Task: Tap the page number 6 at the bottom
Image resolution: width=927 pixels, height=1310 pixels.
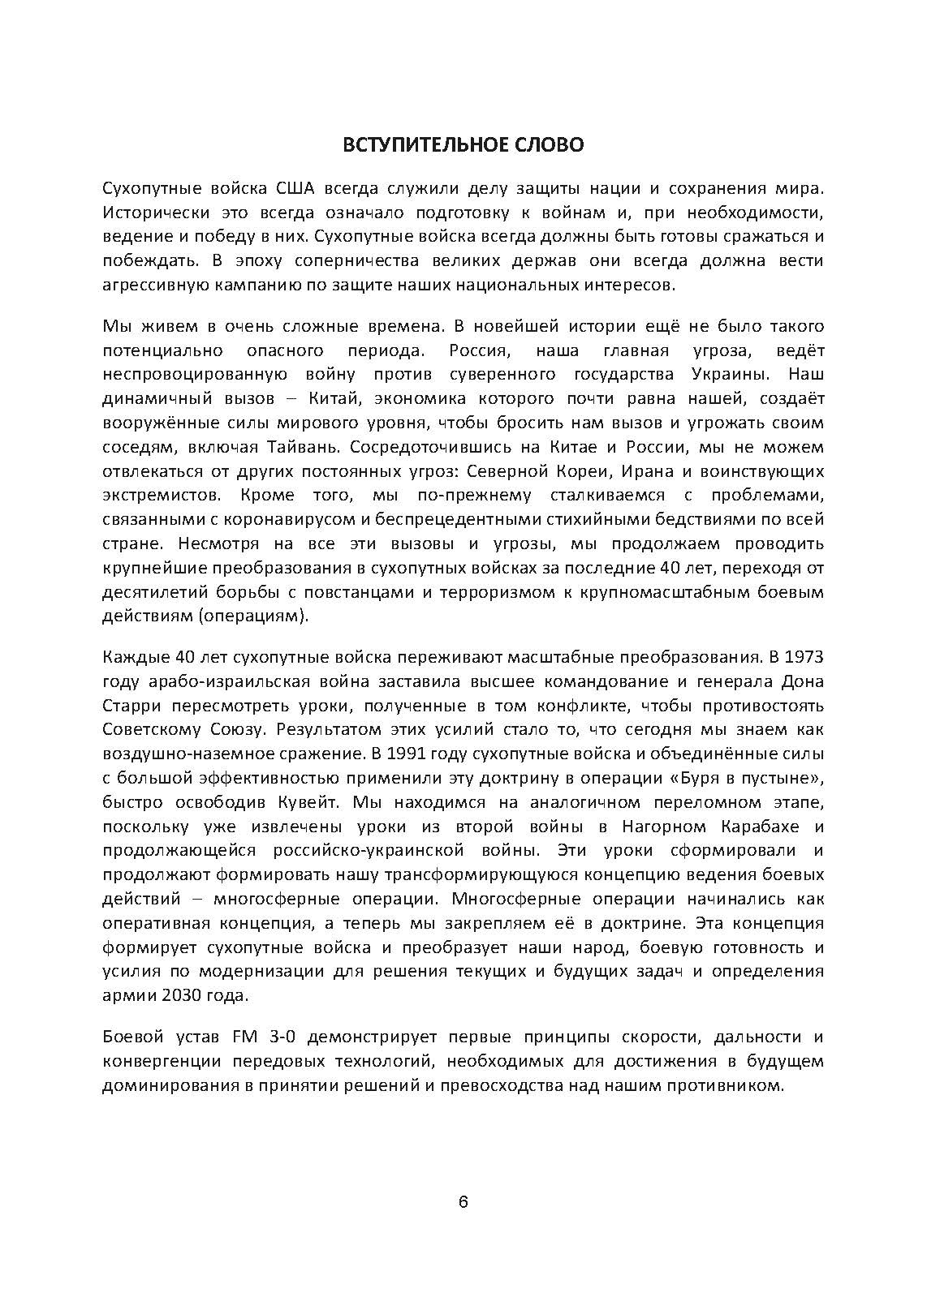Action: tap(463, 1202)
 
